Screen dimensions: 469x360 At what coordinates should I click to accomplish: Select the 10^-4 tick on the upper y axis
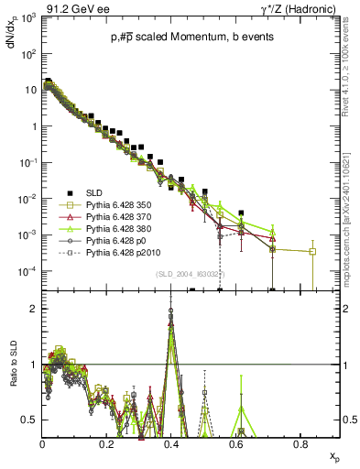tap(27, 271)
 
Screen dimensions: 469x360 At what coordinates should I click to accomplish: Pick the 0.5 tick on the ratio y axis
tap(29, 420)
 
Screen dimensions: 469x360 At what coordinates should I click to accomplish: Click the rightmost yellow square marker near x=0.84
tap(312, 251)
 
